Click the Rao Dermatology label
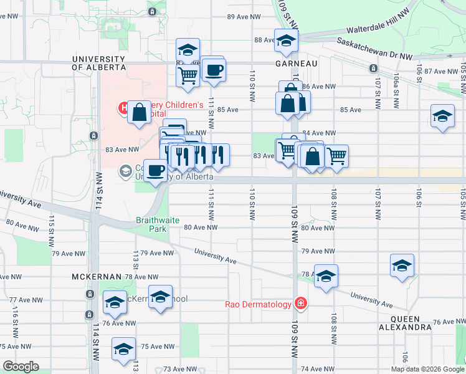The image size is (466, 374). pos(258,304)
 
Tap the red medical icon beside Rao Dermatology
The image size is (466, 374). pos(301,304)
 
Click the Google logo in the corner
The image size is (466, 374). pos(21,367)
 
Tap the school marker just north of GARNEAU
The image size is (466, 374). pos(286,42)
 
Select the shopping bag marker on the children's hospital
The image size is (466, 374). pos(140,112)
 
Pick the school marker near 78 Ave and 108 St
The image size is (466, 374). pos(326,277)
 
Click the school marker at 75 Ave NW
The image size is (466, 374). pos(123,349)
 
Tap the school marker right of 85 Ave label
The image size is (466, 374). pos(442,117)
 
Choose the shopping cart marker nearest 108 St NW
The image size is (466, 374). pos(336,156)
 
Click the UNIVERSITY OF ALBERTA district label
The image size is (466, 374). pos(98,63)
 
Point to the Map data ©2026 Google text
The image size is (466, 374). pos(427,369)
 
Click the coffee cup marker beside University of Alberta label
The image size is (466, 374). pos(155,170)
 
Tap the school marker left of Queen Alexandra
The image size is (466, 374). pos(402,266)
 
